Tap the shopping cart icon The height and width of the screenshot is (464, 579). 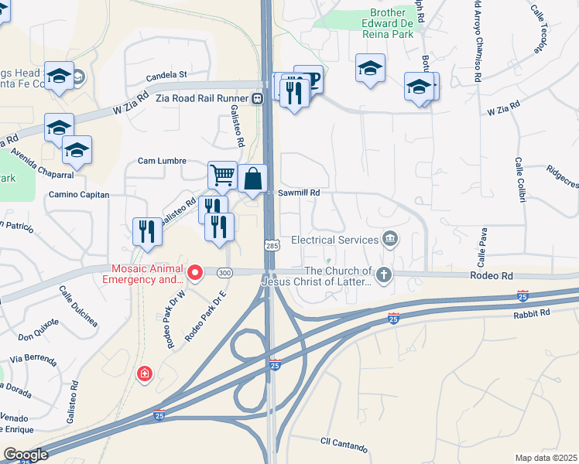click(x=222, y=175)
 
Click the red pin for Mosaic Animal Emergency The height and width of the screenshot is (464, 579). click(x=196, y=272)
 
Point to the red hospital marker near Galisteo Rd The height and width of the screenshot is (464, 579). click(x=144, y=375)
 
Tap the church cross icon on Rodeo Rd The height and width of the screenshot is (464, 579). click(x=383, y=274)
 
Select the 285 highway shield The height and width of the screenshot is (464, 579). click(x=272, y=244)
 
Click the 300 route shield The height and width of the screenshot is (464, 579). click(x=224, y=272)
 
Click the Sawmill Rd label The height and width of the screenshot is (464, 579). click(x=299, y=193)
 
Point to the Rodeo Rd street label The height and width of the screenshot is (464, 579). click(x=491, y=275)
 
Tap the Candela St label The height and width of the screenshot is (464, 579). click(x=167, y=75)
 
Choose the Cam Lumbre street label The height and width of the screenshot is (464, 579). click(x=162, y=161)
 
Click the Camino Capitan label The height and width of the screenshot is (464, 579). click(x=79, y=195)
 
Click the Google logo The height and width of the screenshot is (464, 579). click(x=25, y=455)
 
